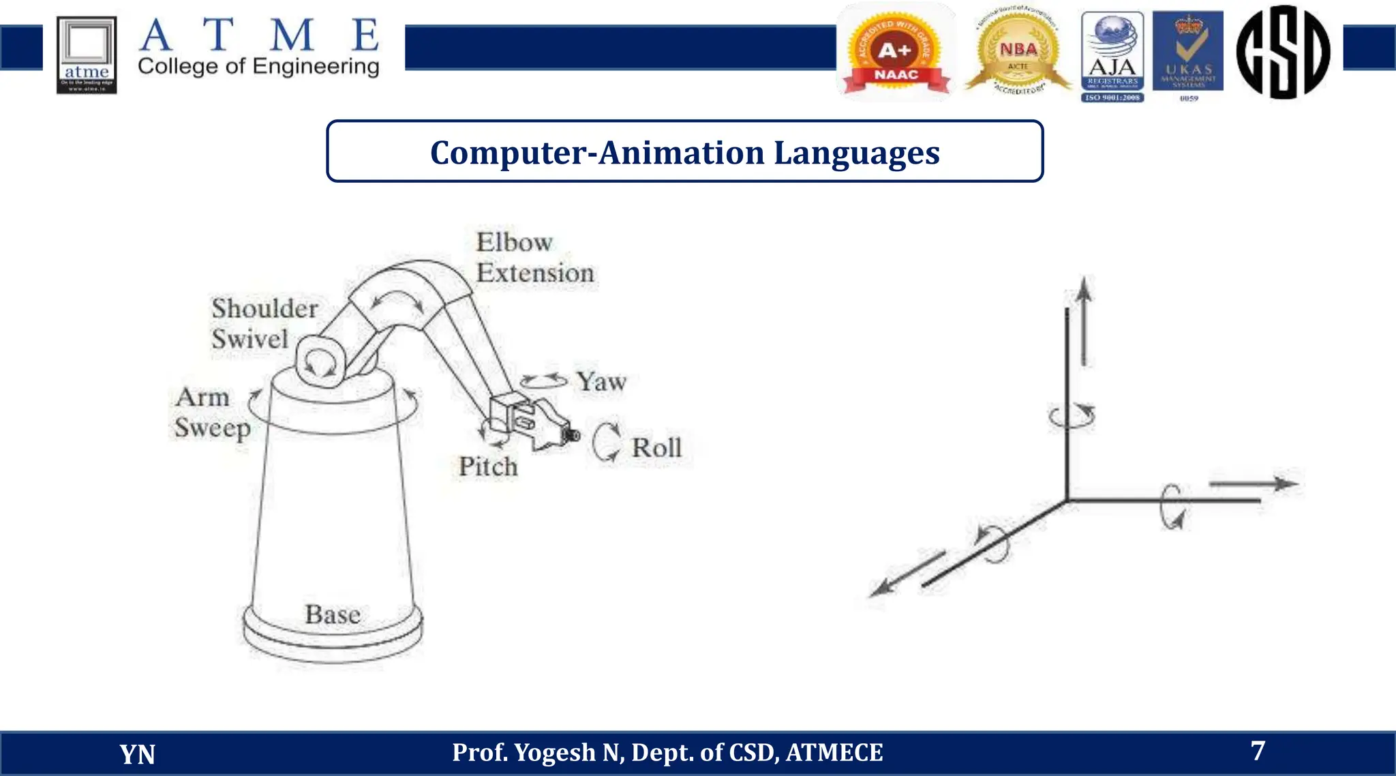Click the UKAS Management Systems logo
tap(1188, 55)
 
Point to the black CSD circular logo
tap(1283, 52)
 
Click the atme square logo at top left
tap(87, 55)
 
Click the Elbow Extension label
tap(534, 258)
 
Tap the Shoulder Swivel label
tap(264, 323)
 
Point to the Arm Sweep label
tap(212, 413)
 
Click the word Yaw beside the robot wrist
tap(601, 382)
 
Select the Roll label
tap(656, 448)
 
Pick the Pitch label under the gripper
tap(488, 467)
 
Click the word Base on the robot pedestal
tap(333, 614)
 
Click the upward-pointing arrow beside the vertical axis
tap(1084, 320)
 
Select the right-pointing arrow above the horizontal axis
tap(1253, 484)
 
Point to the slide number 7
tap(1258, 751)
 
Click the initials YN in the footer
tap(137, 754)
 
